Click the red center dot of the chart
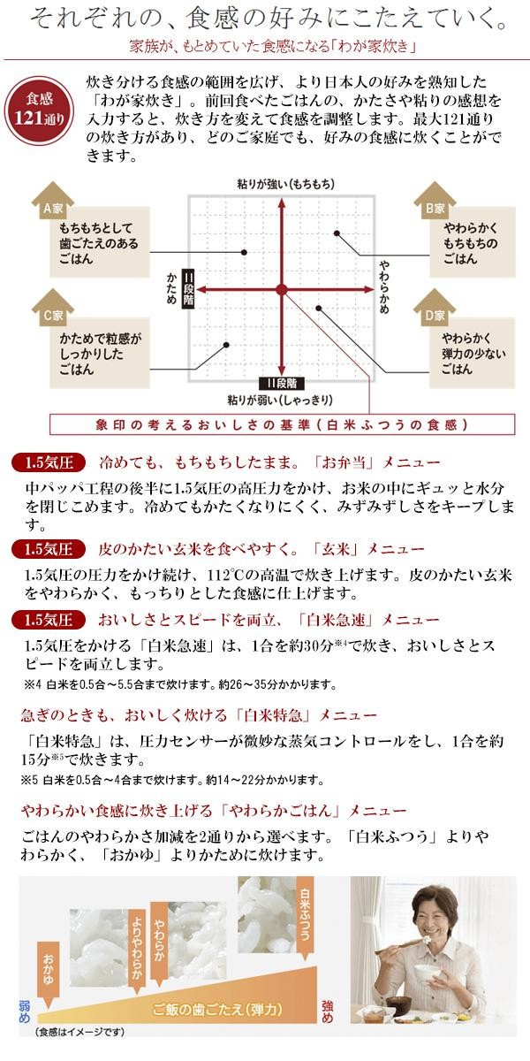coord(281,289)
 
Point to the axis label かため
coord(171,287)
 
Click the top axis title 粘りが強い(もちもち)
coord(282,183)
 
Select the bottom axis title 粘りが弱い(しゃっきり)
coord(282,398)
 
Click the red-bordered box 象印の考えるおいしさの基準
coord(282,424)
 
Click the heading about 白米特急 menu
coord(199,714)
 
